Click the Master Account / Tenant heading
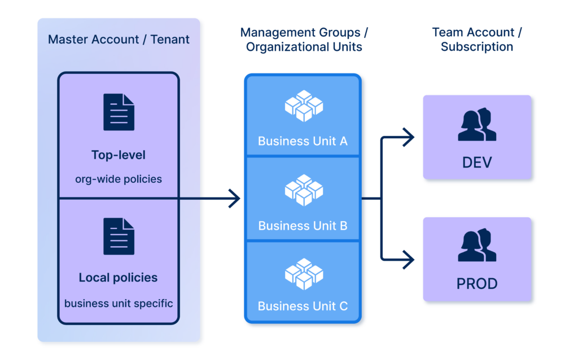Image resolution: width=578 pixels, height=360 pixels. (119, 39)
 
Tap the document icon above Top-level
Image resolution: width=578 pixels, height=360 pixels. (119, 112)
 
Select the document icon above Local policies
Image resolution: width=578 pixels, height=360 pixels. (119, 236)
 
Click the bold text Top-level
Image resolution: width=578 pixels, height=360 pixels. (119, 155)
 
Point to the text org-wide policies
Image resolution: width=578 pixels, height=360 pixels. (119, 179)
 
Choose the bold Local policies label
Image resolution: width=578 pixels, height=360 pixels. (119, 278)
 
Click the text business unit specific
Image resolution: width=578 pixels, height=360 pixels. (119, 303)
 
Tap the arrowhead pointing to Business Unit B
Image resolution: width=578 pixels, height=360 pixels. (234, 199)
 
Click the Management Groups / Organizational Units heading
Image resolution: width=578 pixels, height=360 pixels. (304, 39)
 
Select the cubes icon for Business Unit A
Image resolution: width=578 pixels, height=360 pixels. (304, 106)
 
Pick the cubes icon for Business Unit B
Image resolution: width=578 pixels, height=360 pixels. (304, 190)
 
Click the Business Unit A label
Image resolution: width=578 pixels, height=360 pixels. (303, 141)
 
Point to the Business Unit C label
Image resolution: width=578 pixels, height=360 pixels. (303, 306)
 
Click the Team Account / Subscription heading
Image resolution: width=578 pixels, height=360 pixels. (477, 39)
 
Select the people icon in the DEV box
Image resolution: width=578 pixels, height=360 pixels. (477, 125)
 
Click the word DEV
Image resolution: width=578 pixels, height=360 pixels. (477, 163)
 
